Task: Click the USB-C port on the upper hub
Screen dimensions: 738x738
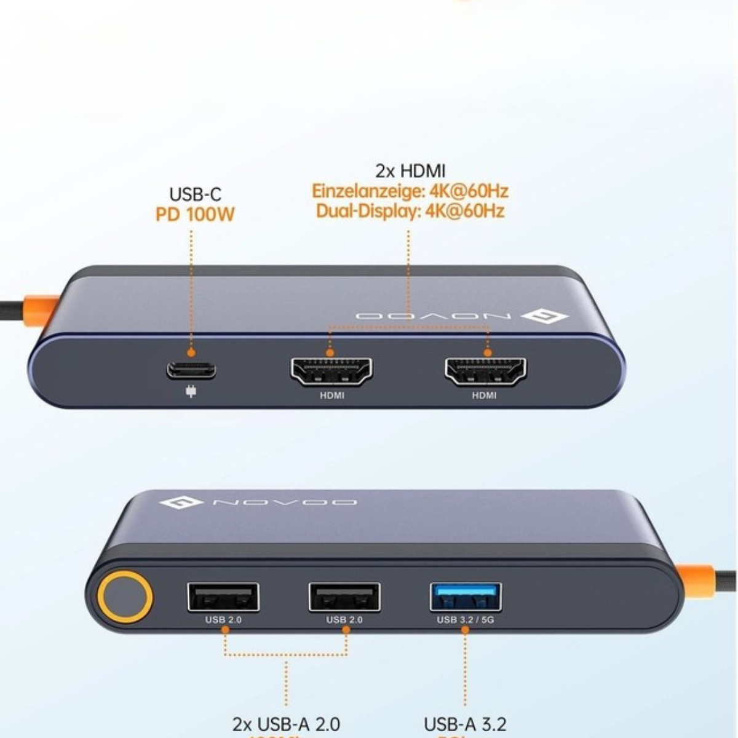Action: coord(191,370)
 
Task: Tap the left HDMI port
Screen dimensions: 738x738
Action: coord(331,371)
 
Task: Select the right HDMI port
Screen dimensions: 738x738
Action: coord(485,371)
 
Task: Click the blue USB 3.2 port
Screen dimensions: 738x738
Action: coord(466,597)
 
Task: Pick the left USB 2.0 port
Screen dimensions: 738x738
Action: coord(223,597)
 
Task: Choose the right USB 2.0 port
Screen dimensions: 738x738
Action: coord(344,597)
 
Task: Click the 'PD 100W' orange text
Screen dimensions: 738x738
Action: coord(195,215)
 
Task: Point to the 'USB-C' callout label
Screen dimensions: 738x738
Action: coord(195,195)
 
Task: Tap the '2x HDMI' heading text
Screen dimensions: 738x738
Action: coord(410,170)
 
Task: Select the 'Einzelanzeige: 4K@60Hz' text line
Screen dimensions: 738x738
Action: coord(410,191)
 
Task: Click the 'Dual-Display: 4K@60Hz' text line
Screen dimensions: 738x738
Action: coord(410,211)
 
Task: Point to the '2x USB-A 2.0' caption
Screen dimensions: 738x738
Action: coord(286,724)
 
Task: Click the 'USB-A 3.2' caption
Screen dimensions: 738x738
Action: coord(466,724)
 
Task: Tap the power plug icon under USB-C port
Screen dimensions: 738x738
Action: coord(191,391)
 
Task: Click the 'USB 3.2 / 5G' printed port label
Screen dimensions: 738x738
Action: coord(466,620)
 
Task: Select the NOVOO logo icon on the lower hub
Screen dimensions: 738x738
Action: coord(181,503)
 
